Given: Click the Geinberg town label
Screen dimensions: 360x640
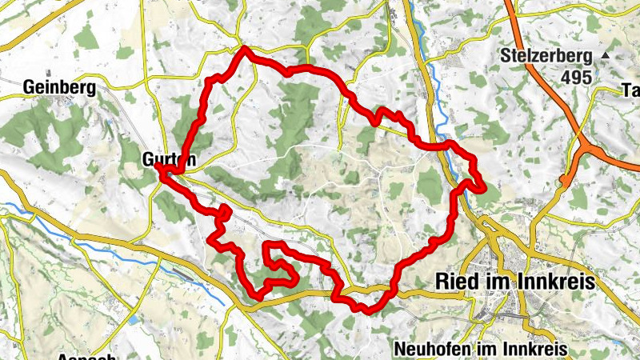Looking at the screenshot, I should [x=59, y=86].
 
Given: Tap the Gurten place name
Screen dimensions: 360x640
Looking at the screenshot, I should [x=169, y=158].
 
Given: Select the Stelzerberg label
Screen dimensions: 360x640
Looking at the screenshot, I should [x=547, y=57].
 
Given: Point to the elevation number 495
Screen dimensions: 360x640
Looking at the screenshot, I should [x=576, y=78].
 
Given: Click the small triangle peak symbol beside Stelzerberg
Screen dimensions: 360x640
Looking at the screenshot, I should [x=606, y=56].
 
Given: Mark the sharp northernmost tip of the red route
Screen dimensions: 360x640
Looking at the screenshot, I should [x=244, y=49].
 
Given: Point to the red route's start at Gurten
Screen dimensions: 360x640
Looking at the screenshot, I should [x=161, y=170].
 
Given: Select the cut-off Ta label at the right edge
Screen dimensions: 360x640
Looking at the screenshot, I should [x=630, y=90].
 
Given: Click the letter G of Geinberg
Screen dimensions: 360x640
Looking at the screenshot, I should [x=29, y=86].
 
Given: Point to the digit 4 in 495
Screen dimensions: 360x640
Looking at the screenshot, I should [x=566, y=78].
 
